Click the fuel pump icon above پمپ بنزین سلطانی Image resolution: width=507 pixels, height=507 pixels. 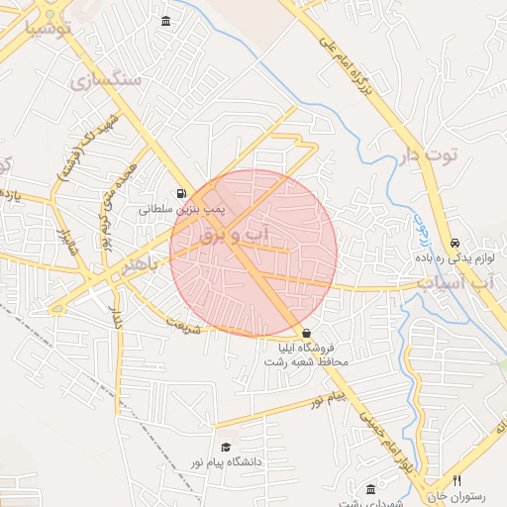[x=180, y=194]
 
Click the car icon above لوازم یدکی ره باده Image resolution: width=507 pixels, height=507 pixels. [x=455, y=243]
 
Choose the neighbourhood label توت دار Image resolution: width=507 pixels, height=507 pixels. [x=431, y=155]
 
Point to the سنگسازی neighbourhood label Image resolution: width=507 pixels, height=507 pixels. [x=109, y=78]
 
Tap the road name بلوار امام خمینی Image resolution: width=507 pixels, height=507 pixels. [x=385, y=440]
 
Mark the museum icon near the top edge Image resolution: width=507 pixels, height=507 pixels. [x=164, y=22]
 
